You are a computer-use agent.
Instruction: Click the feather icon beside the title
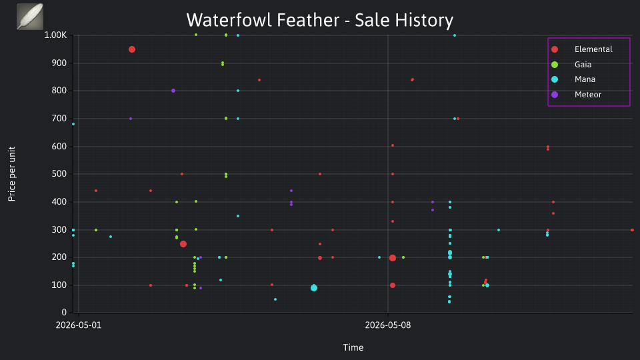[x=30, y=17]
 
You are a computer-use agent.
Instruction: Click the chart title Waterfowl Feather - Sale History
[x=319, y=20]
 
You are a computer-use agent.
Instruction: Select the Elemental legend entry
[x=581, y=49]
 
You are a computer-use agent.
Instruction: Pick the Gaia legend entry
[x=571, y=65]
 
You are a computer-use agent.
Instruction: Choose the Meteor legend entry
[x=576, y=95]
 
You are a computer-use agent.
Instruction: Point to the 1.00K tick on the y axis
[x=55, y=35]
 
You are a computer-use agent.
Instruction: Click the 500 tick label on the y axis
[x=59, y=174]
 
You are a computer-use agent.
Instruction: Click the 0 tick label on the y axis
[x=64, y=312]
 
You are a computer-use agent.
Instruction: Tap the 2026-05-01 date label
[x=79, y=325]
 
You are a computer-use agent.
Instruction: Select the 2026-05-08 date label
[x=388, y=325]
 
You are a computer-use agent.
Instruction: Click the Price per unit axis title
[x=12, y=174]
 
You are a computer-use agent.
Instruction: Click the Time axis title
[x=353, y=347]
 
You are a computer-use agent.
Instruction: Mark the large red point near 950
[x=132, y=49]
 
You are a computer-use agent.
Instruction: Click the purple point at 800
[x=173, y=91]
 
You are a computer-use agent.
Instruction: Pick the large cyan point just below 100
[x=314, y=288]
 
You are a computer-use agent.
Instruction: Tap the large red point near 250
[x=183, y=244]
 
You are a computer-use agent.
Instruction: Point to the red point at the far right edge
[x=632, y=230]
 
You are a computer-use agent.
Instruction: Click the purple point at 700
[x=131, y=119]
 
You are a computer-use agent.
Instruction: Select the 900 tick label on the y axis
[x=59, y=63]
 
